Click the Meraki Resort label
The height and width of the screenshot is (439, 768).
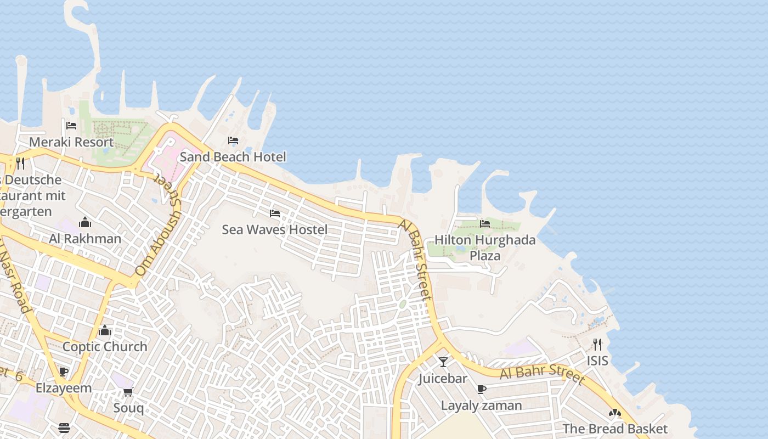coord(71,142)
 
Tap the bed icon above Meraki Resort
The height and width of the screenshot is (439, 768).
coord(71,126)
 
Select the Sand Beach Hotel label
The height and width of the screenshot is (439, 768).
coord(233,157)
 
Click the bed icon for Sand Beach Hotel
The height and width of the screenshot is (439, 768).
coord(233,140)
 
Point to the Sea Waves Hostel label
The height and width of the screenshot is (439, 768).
coord(275,229)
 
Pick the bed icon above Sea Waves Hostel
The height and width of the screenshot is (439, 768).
coord(275,213)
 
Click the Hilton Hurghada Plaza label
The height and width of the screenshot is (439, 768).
coord(485,247)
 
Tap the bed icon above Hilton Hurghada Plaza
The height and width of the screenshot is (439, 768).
coord(485,223)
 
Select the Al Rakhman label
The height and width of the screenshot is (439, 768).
coord(85,239)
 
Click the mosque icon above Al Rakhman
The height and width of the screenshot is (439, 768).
coord(85,222)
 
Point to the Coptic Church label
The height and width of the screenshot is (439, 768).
coord(105,347)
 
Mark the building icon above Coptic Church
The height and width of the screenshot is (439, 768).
coord(105,330)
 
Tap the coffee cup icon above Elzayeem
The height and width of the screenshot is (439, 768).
coord(64,372)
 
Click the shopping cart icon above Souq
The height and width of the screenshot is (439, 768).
coord(128,392)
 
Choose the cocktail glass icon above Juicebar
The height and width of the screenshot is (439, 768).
coord(443,362)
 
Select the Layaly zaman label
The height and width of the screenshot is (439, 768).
coord(482,406)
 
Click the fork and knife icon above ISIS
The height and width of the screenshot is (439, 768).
coord(597,344)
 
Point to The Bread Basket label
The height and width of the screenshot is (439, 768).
coord(615,429)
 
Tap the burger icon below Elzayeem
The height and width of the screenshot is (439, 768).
coord(64,428)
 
